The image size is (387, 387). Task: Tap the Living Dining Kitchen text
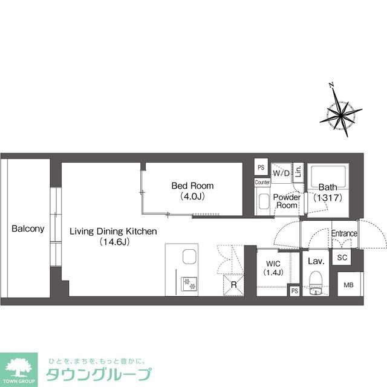point(113,231)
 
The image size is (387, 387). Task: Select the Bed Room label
point(192,186)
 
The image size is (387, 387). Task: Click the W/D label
point(281,174)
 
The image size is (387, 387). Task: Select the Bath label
point(329,187)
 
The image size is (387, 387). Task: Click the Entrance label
point(344,233)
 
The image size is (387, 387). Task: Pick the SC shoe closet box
point(342,258)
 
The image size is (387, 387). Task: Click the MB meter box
point(349,285)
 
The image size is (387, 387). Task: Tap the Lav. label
point(316,262)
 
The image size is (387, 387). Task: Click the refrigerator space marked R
point(233,285)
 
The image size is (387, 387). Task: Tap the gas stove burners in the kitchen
point(189,282)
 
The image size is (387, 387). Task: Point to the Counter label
point(262,182)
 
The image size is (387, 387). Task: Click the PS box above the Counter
point(261,168)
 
